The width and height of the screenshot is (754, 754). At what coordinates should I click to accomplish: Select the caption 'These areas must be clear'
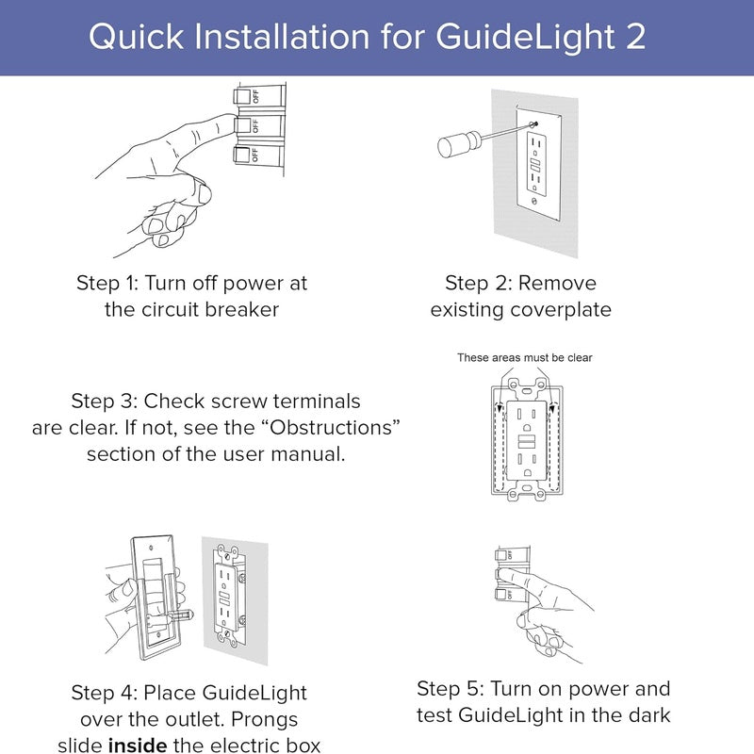524,358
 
